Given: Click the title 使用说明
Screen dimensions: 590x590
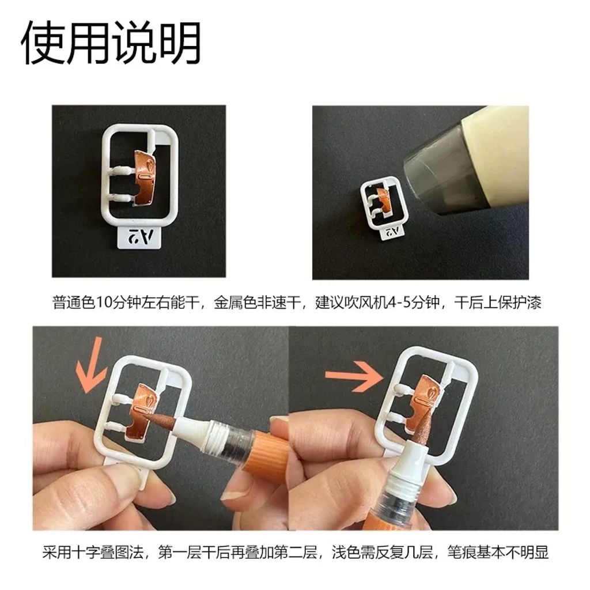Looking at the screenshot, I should click(x=111, y=44).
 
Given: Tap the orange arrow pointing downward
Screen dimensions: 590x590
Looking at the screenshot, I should click(x=90, y=365).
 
